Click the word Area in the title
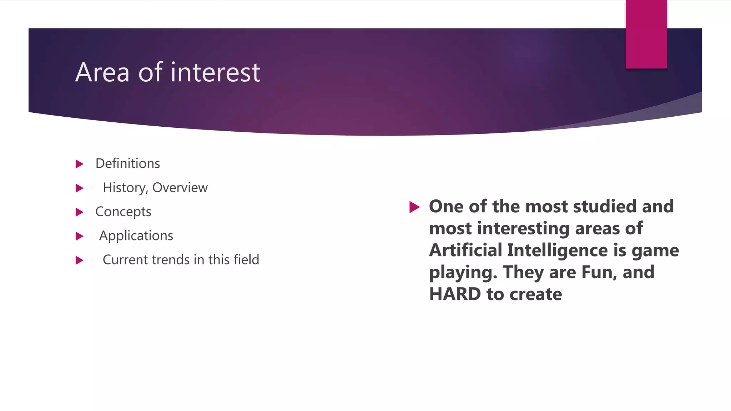102,73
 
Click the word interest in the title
215,73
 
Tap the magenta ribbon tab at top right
646,34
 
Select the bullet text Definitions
127,164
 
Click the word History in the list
124,188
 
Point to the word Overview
180,188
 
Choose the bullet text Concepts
123,212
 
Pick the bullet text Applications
136,236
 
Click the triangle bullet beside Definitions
79,164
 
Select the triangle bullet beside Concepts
79,212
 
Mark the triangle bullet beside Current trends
79,260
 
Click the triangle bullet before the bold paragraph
414,207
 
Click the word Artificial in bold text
465,250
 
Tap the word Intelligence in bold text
557,250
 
